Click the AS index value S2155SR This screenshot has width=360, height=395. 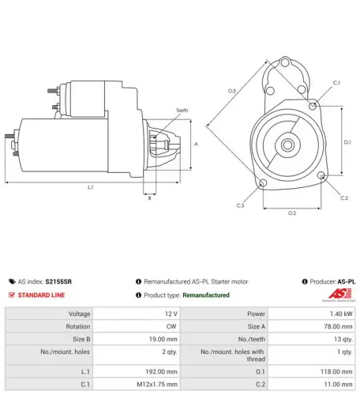(x=58, y=281)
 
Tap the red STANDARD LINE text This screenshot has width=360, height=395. (x=41, y=295)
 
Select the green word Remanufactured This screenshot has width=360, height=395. (x=206, y=295)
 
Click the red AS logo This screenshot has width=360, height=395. (x=339, y=294)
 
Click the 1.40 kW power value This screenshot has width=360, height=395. (x=341, y=314)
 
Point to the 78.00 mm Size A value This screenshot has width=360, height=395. (x=338, y=326)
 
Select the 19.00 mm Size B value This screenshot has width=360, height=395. (x=163, y=339)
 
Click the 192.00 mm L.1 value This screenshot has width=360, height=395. (x=161, y=371)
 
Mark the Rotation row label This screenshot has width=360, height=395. (x=78, y=326)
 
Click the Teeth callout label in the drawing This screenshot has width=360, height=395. (x=182, y=111)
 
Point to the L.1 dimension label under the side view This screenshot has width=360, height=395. (x=91, y=187)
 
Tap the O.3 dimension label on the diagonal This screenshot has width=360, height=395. (x=232, y=91)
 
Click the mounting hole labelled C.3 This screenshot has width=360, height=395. (x=263, y=182)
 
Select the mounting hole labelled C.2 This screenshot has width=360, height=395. (x=321, y=175)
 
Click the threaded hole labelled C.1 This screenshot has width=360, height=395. (x=313, y=106)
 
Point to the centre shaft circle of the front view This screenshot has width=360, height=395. (x=287, y=145)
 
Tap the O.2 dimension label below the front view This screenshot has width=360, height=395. (x=292, y=213)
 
